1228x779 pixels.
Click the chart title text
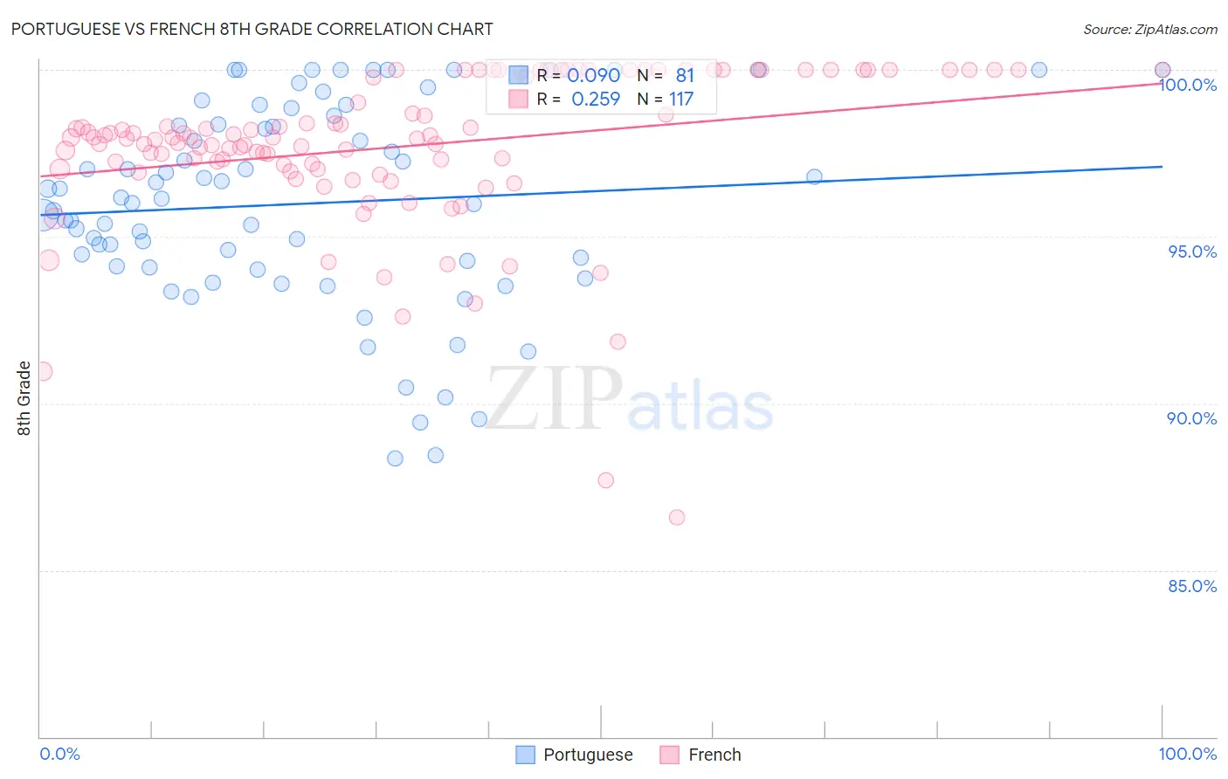(252, 29)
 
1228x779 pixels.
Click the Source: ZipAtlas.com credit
(1149, 29)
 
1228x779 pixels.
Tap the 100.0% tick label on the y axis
(1188, 85)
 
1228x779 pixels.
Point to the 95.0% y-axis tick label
(1192, 252)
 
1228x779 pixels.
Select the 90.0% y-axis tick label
(1192, 418)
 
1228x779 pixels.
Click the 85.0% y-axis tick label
(1192, 586)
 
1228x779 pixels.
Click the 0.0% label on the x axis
(59, 754)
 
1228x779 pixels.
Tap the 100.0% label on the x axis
(1187, 754)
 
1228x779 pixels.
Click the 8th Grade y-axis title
(24, 398)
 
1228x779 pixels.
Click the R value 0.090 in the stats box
(594, 76)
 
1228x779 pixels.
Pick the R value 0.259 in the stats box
(596, 100)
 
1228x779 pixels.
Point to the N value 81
(685, 76)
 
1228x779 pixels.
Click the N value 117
(681, 100)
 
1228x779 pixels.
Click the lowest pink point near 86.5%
(677, 517)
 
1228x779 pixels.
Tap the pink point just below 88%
(606, 480)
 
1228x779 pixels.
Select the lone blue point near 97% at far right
(814, 176)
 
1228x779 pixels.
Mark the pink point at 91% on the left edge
(43, 371)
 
